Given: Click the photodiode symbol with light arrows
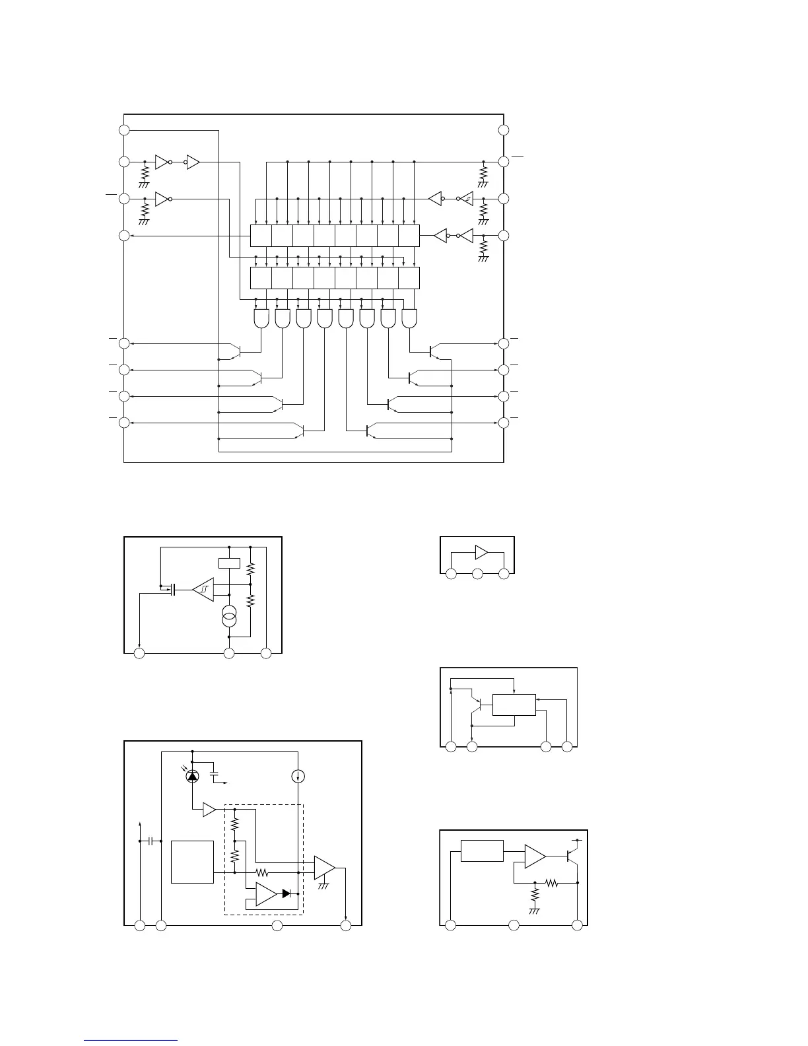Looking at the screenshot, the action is pyautogui.click(x=192, y=776).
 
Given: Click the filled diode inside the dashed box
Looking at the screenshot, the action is pyautogui.click(x=287, y=893).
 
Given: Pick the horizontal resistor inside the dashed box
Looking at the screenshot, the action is pyautogui.click(x=262, y=872).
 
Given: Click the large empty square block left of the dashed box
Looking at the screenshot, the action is pyautogui.click(x=192, y=862).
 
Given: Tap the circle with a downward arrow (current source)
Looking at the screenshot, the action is pyautogui.click(x=298, y=776).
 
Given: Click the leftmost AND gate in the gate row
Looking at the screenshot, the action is pyautogui.click(x=261, y=320).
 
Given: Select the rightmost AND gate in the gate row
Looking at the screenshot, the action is pyautogui.click(x=409, y=320).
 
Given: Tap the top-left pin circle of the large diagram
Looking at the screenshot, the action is pyautogui.click(x=124, y=130).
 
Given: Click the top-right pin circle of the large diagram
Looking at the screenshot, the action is pyautogui.click(x=504, y=130).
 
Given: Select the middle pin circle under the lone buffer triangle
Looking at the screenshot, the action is pyautogui.click(x=477, y=575).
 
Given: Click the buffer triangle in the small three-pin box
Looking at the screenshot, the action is pyautogui.click(x=481, y=553).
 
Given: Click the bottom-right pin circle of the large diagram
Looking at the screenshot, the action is pyautogui.click(x=504, y=422).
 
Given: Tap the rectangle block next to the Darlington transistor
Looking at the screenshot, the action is pyautogui.click(x=514, y=705).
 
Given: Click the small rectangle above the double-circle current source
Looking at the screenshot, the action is pyautogui.click(x=228, y=563).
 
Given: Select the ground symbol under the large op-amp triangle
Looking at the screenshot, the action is pyautogui.click(x=323, y=886).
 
